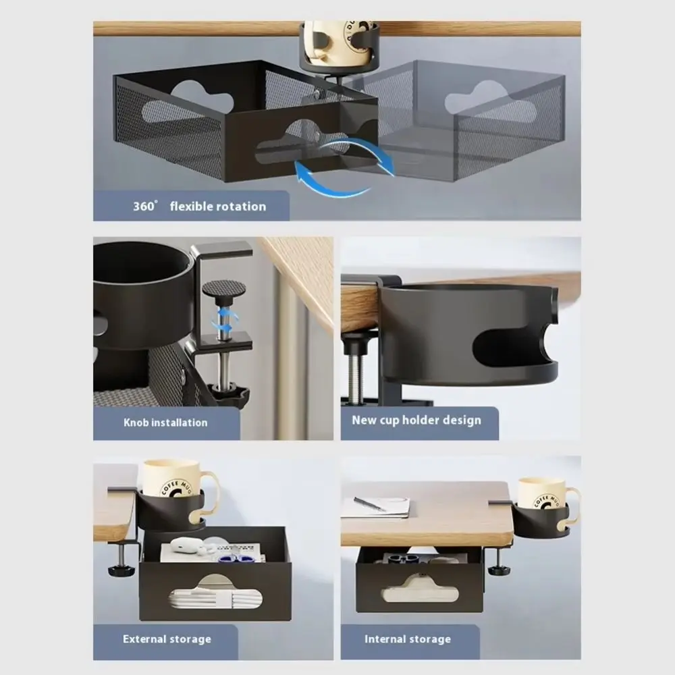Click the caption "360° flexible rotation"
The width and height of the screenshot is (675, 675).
(x=199, y=207)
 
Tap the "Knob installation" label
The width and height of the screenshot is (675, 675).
(x=165, y=423)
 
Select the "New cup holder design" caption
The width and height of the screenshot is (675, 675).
(x=416, y=420)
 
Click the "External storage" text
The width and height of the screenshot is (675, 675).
(x=167, y=639)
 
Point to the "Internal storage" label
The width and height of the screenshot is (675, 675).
(x=408, y=639)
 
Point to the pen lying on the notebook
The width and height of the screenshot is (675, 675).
(x=369, y=504)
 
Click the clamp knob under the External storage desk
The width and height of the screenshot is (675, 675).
(x=121, y=570)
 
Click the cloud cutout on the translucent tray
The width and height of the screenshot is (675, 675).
(x=489, y=102)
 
